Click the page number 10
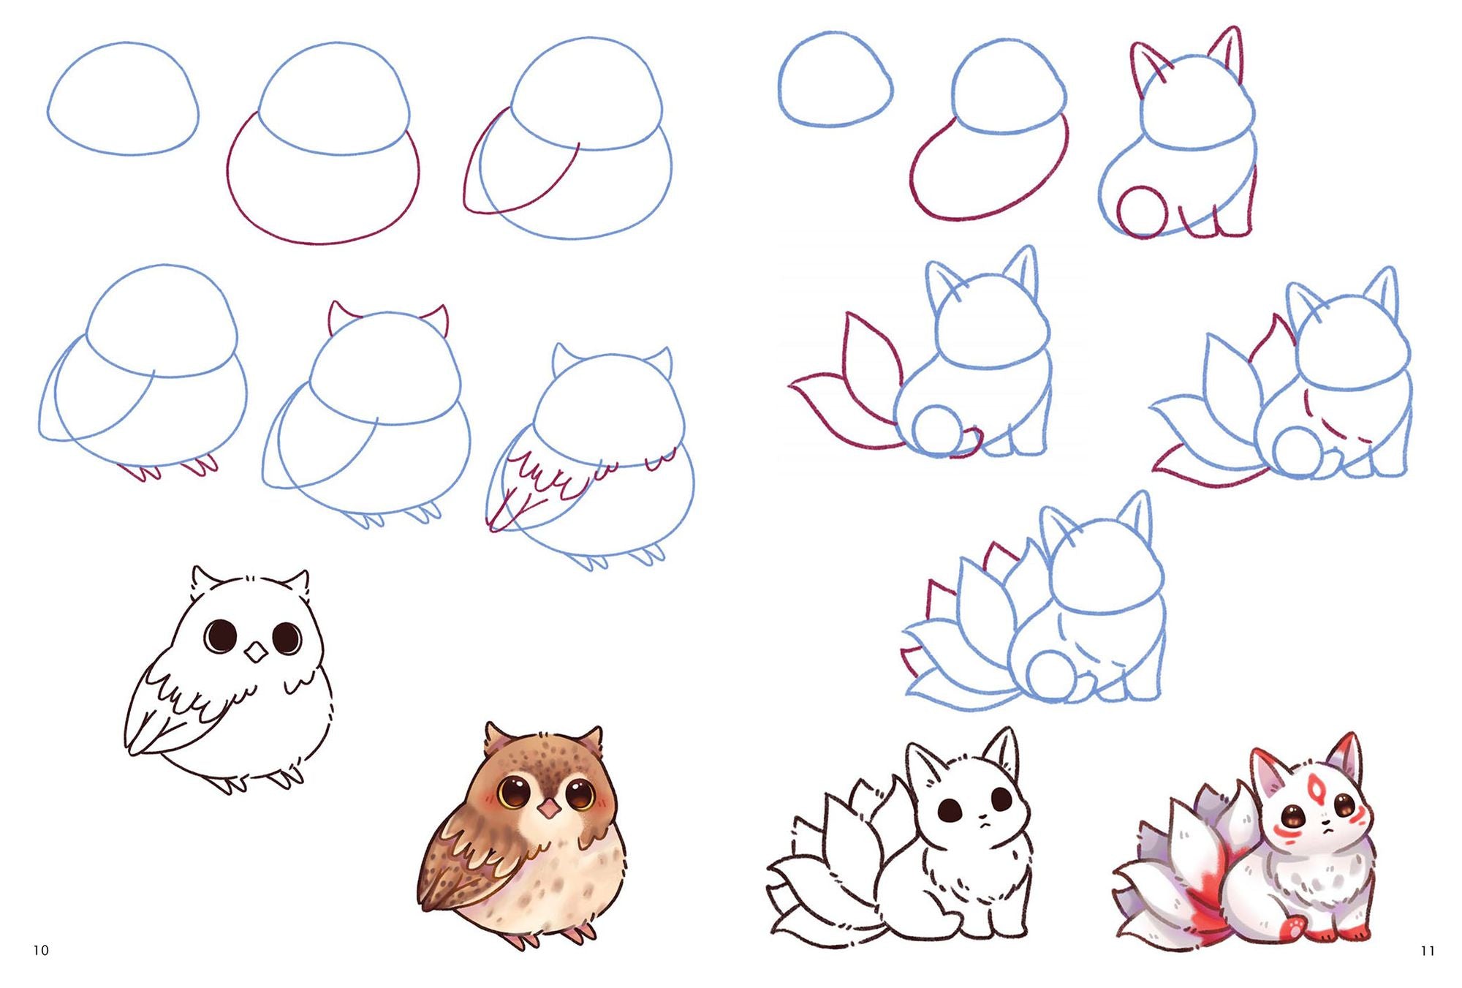41,950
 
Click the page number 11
1428,951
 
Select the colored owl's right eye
579,794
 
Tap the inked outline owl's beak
256,652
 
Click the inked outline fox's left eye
950,810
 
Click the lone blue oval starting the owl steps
124,99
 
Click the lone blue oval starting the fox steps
836,79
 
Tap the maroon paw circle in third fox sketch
1141,212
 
